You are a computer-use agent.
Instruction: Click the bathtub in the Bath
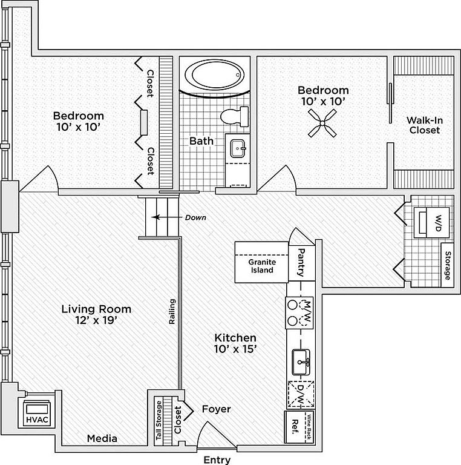pos(215,74)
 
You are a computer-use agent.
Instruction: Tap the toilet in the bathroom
pos(234,116)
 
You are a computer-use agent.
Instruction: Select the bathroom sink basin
pos(238,148)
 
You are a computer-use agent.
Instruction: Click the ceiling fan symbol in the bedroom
pos(322,123)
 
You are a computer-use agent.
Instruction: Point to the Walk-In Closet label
pos(425,125)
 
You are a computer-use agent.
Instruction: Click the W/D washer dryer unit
pos(432,223)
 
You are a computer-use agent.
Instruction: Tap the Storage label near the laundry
pos(448,265)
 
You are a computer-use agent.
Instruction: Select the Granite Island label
pos(262,266)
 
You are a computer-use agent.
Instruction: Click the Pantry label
pos(301,262)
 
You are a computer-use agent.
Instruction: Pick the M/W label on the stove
pos(308,312)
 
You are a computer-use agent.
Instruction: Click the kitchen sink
pos(301,362)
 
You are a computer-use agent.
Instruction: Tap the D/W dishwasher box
pos(301,394)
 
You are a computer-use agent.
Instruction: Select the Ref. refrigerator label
pos(295,427)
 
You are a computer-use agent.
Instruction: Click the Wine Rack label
pos(309,427)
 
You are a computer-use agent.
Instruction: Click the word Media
pos(102,438)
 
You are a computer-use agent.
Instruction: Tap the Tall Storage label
pos(159,420)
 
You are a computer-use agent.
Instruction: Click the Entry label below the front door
pos(217,460)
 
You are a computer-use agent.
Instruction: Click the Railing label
pos(172,311)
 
